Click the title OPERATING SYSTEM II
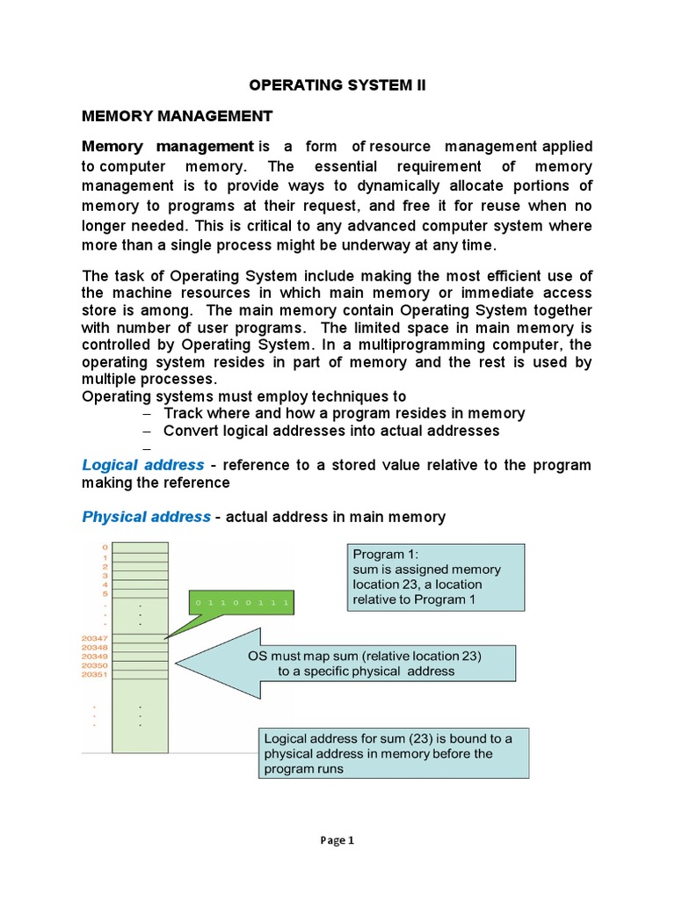(x=337, y=86)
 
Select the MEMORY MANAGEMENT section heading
(x=178, y=116)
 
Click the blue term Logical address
(x=143, y=464)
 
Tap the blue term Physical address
(x=147, y=517)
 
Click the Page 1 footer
(x=337, y=840)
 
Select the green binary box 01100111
(x=241, y=603)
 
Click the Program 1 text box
(x=436, y=577)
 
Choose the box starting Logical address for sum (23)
(x=393, y=753)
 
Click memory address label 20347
(x=94, y=638)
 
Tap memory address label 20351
(x=94, y=675)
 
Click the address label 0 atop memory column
(x=105, y=548)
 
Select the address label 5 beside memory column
(x=105, y=594)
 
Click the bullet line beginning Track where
(x=344, y=413)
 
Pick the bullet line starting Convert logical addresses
(x=331, y=431)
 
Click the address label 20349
(x=94, y=657)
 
